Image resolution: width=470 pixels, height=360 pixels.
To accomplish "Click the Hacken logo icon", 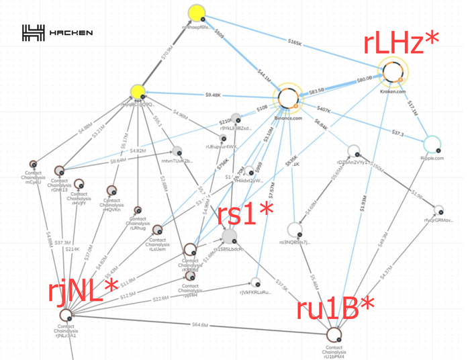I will pyautogui.click(x=33, y=32).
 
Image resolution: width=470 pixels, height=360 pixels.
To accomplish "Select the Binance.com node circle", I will pyautogui.click(x=289, y=99).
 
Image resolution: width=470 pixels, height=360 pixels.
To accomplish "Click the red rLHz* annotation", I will pyautogui.click(x=402, y=42).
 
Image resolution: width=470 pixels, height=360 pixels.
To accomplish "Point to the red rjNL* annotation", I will pyautogui.click(x=83, y=291).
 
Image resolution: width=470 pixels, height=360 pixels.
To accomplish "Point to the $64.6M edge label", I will pyautogui.click(x=199, y=324).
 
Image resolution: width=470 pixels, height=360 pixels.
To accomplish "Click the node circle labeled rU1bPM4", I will pyautogui.click(x=334, y=333).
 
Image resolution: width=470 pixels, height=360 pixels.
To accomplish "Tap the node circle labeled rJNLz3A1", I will pyautogui.click(x=66, y=315).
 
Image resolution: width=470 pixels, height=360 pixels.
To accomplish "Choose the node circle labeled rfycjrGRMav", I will pyautogui.click(x=439, y=210).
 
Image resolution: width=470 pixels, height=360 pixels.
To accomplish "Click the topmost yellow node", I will pyautogui.click(x=196, y=13).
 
